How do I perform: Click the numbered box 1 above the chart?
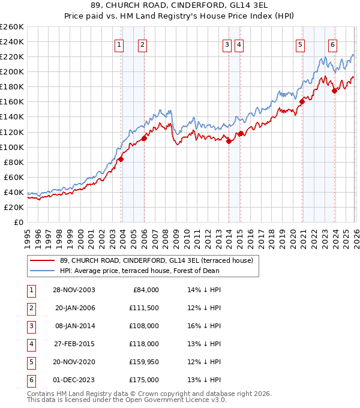pos(119,44)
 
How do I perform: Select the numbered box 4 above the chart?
pos(239,44)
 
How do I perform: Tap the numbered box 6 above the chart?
pos(332,44)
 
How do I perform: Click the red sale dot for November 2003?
pos(121,159)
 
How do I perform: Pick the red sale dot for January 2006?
pos(144,139)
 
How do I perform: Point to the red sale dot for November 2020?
pos(302,101)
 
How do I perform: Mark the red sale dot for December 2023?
pos(334,91)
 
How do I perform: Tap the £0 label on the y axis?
pos(19,222)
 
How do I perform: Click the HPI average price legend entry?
pos(139,270)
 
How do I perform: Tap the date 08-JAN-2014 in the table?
pos(74,326)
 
